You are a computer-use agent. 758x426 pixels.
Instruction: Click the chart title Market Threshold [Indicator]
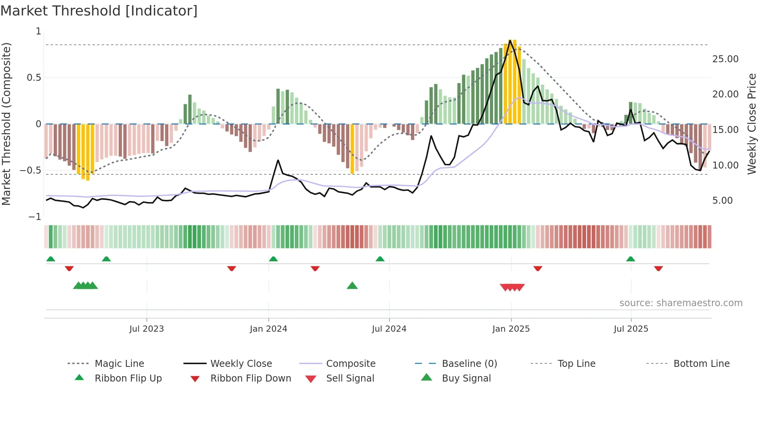pos(99,11)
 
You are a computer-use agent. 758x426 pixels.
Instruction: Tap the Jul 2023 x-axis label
pos(147,329)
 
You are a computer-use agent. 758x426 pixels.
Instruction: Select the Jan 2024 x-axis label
pos(268,329)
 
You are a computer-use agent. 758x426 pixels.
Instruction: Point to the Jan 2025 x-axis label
pos(511,329)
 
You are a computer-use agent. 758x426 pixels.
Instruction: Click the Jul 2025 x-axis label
pos(631,329)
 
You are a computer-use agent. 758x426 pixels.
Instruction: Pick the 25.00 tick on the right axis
pos(725,59)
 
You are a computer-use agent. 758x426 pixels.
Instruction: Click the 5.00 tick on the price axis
pos(722,201)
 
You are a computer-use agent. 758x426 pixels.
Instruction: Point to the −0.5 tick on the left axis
pos(31,170)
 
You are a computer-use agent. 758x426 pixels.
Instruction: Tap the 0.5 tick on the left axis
pos(34,78)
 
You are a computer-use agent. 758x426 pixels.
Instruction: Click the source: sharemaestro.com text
pos(681,303)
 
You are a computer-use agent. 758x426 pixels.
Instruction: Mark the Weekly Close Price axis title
pos(751,124)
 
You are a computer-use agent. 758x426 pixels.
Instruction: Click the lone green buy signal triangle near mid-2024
pos(352,286)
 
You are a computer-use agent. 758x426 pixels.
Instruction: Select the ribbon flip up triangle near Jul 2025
pos(630,259)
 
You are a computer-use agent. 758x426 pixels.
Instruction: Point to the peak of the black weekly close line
pos(510,40)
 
